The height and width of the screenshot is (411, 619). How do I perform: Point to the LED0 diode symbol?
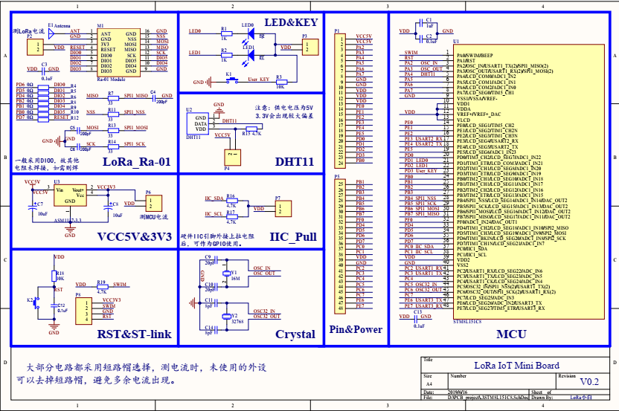point(250,33)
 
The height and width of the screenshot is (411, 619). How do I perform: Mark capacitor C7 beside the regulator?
point(31,200)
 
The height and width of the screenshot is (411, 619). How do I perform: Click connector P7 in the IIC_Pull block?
point(279,209)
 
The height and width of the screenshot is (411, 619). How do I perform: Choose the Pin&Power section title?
point(356,329)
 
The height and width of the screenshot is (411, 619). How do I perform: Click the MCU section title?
point(512,334)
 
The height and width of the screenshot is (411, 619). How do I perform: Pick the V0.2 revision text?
point(589,381)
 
